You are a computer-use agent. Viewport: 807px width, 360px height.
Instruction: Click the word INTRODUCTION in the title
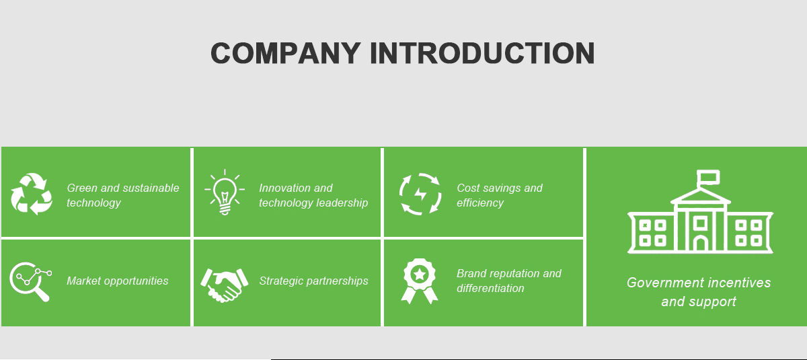482,53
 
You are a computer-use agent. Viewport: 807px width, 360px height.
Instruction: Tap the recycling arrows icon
31,194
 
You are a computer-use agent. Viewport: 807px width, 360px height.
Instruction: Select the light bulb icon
225,192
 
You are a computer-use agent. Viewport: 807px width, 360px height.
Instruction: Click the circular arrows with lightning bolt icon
420,194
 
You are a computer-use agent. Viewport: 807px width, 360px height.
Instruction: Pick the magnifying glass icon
30,281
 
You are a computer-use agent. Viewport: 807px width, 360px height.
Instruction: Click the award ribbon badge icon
420,281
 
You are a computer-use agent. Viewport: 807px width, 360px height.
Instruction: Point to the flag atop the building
708,177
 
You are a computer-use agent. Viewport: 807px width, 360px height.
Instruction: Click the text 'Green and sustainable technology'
123,195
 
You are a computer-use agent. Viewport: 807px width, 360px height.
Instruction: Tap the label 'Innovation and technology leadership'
313,195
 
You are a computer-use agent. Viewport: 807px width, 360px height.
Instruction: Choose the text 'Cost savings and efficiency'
499,195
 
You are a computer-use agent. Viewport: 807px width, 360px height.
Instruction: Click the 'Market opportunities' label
118,281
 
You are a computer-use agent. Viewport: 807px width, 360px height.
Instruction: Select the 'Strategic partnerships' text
313,281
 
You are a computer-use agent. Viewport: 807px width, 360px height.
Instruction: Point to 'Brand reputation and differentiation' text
508,281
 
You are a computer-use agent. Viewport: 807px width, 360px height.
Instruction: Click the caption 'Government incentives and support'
699,292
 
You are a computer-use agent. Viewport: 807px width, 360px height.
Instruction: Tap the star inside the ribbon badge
420,273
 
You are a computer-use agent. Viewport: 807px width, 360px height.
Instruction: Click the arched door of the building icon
701,243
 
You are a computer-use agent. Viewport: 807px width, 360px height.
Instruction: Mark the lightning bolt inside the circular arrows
420,194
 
